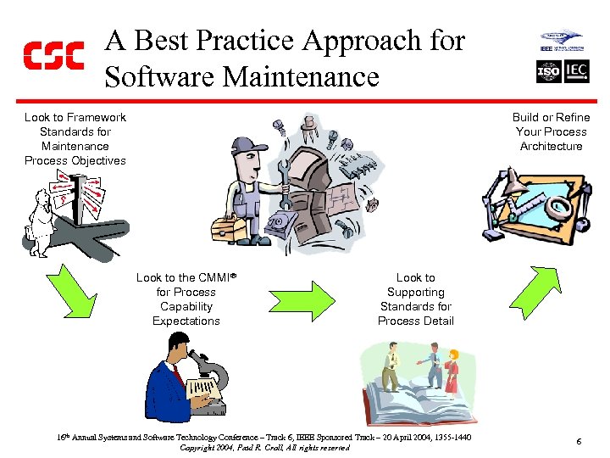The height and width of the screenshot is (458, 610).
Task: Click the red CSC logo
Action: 53,55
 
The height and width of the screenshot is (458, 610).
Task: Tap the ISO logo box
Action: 549,71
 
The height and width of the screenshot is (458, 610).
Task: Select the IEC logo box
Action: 576,71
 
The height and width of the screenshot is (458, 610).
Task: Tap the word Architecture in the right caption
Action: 551,146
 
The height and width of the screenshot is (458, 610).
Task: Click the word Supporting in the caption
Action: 415,292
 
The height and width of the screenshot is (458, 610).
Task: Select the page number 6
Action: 578,442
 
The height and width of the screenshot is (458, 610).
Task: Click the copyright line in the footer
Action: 265,448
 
